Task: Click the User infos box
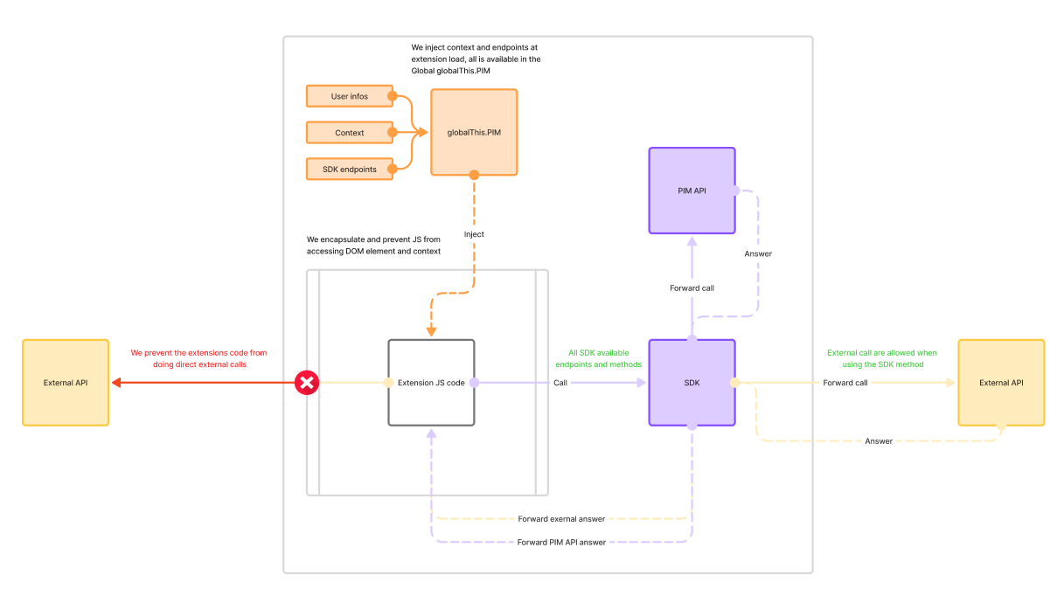point(350,96)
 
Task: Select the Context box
point(350,133)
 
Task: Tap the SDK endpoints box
point(350,169)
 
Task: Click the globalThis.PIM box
point(474,132)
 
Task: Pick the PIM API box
point(692,190)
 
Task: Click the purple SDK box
point(692,383)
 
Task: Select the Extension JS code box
point(431,383)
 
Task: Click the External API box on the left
point(66,383)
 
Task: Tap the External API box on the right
point(1001,383)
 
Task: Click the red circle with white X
point(307,383)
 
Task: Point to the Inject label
point(474,234)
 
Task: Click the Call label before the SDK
point(560,383)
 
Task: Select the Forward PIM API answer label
point(561,542)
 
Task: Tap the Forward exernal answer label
point(561,519)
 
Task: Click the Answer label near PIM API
point(758,253)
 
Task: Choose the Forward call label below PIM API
point(692,288)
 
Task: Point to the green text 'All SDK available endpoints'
point(598,358)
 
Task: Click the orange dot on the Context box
point(393,133)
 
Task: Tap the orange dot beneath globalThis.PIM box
point(474,175)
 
